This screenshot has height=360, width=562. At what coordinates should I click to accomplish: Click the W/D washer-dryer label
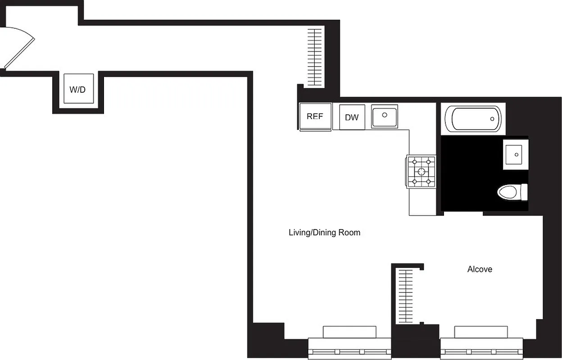pyautogui.click(x=77, y=89)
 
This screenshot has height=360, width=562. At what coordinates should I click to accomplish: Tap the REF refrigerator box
pyautogui.click(x=315, y=116)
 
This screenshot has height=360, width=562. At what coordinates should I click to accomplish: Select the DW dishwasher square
pyautogui.click(x=352, y=117)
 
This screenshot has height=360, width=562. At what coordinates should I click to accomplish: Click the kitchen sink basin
pyautogui.click(x=385, y=116)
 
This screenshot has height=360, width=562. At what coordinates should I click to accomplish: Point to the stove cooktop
pyautogui.click(x=421, y=171)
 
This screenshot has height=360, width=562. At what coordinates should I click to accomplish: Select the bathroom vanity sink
pyautogui.click(x=516, y=154)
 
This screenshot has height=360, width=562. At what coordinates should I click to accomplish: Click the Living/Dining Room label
pyautogui.click(x=324, y=233)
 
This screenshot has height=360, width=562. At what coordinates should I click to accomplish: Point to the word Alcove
pyautogui.click(x=480, y=269)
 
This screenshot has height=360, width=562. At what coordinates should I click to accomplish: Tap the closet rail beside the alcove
pyautogui.click(x=406, y=296)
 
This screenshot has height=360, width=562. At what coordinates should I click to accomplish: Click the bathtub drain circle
pyautogui.click(x=492, y=119)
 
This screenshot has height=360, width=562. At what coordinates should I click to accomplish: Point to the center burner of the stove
pyautogui.click(x=421, y=171)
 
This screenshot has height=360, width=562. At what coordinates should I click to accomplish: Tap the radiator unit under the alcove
pyautogui.click(x=481, y=332)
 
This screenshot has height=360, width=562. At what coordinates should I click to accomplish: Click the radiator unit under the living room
pyautogui.click(x=349, y=332)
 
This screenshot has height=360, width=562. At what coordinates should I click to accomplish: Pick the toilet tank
pyautogui.click(x=524, y=193)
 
